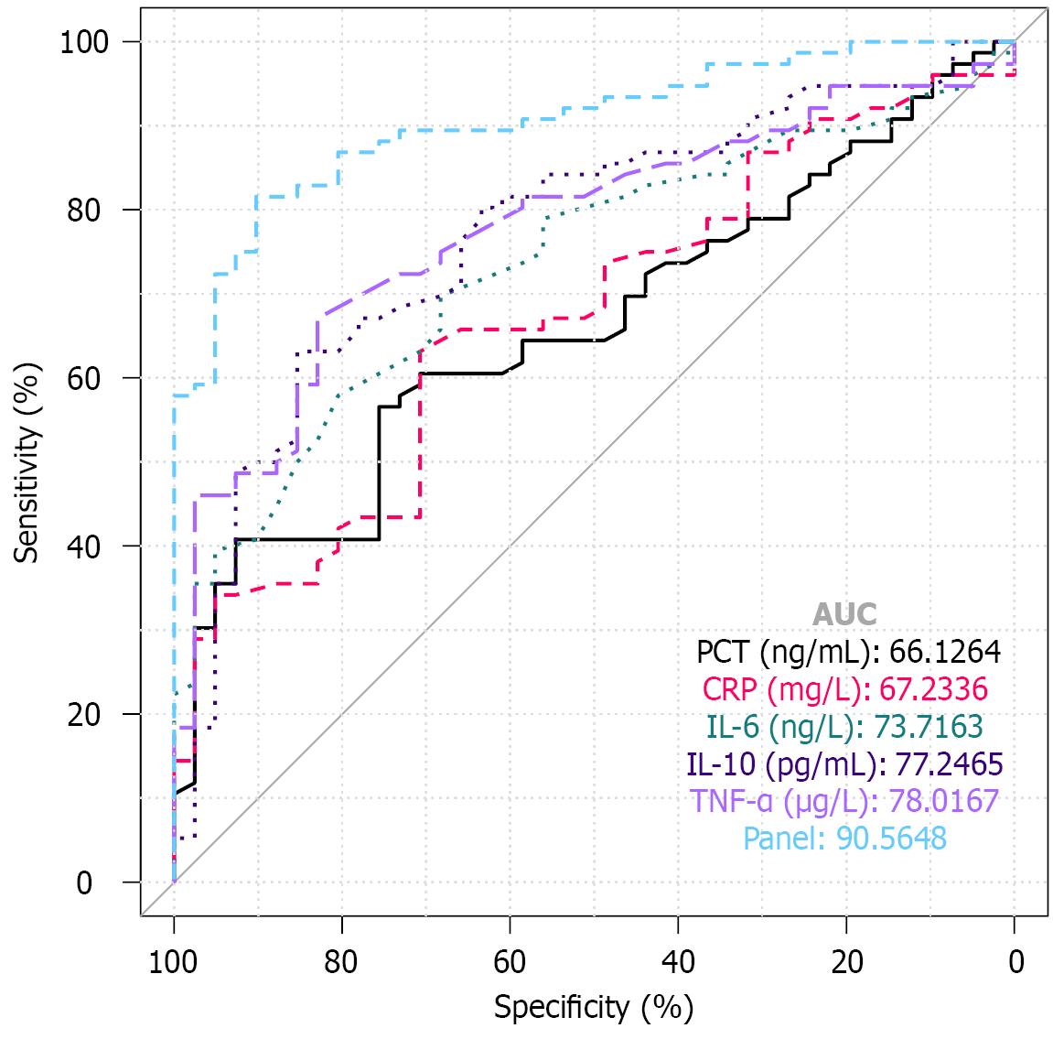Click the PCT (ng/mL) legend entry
pos(848,652)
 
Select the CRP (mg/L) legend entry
pos(844,689)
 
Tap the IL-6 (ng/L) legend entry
pos(844,727)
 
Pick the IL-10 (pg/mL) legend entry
pos(844,763)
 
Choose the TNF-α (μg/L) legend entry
pos(844,801)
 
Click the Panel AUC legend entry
pos(844,839)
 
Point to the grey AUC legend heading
pos(844,614)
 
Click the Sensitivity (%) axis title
pos(27,462)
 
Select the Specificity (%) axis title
pos(594,1008)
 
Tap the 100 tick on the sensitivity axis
pos(84,42)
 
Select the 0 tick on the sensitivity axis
pos(84,883)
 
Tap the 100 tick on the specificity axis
pos(173,963)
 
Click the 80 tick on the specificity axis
pos(341,963)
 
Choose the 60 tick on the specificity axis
pos(510,963)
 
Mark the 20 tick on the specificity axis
pos(846,963)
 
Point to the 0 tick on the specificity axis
pos(1015,963)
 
